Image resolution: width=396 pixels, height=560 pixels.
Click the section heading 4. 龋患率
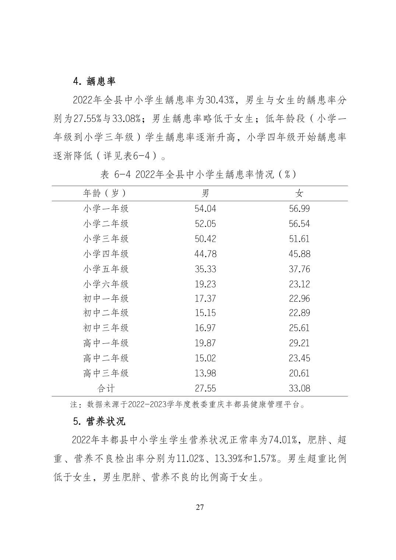pos(94,81)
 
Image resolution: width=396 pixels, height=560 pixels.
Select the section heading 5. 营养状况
pos(99,421)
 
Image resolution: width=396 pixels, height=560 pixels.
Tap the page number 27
pos(200,507)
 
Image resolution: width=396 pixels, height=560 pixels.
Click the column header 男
pos(205,193)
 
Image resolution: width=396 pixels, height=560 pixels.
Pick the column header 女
pos(299,193)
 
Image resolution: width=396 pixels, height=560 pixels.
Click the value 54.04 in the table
pos(205,209)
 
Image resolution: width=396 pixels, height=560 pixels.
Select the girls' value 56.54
pos(299,224)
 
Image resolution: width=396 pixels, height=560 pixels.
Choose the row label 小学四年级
pos(105,254)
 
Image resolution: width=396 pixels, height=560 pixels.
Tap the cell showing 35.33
pos(205,269)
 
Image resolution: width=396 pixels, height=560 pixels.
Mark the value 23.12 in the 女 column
pos(299,284)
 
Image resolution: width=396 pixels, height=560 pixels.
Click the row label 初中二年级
pos(105,313)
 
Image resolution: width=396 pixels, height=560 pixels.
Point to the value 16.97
pos(205,328)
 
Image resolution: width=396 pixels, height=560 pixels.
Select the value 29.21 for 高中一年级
pos(299,343)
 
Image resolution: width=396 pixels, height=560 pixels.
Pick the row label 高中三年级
pos(105,373)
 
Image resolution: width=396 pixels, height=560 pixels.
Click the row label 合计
pos(105,388)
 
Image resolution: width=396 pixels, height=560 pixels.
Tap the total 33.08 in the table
pos(299,388)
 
